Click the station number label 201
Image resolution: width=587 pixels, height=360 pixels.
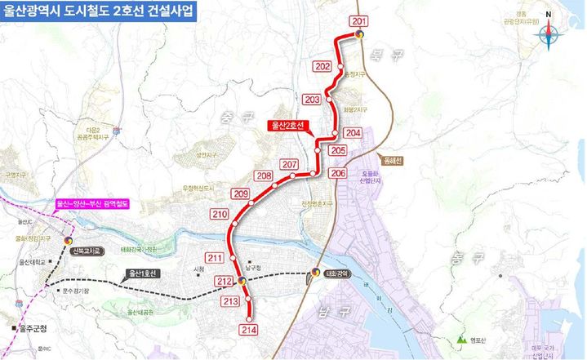click(358, 20)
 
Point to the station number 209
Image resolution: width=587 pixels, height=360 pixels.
click(240, 193)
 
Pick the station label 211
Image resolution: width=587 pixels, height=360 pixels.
click(216, 259)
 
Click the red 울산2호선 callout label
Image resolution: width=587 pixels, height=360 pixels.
click(290, 126)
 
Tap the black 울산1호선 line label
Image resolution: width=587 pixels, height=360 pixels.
click(144, 273)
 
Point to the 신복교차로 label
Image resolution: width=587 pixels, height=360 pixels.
click(91, 252)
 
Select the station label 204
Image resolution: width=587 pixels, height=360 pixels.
click(353, 132)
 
